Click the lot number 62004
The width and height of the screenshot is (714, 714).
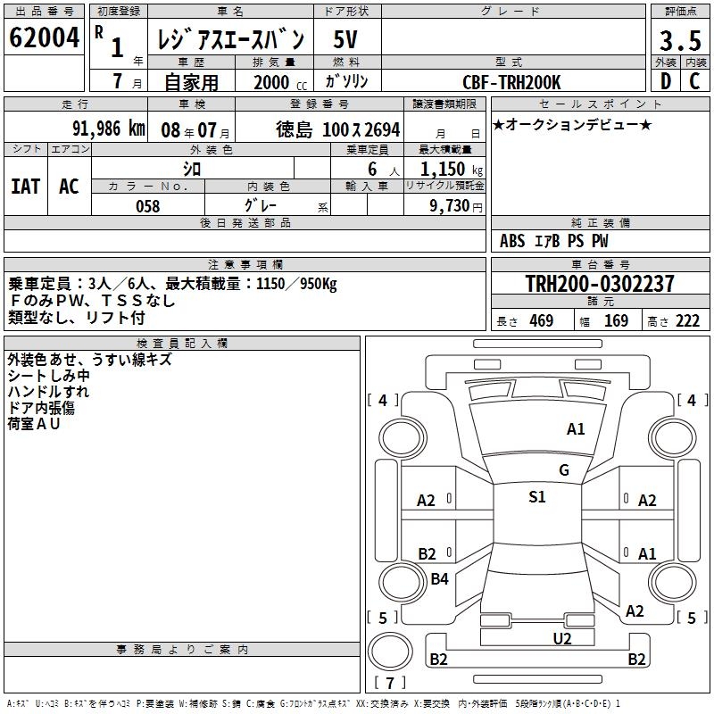coord(44,37)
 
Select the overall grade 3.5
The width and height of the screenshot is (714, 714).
coord(680,40)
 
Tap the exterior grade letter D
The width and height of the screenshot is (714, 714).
coord(666,81)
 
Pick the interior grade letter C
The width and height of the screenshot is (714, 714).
coord(694,81)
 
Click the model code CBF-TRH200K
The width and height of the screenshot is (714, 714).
coord(511,82)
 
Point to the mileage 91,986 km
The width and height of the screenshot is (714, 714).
coord(109,129)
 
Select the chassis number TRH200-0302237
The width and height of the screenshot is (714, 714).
coord(600,283)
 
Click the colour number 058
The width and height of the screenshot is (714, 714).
coord(148,206)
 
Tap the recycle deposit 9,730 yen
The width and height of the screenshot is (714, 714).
coord(456,206)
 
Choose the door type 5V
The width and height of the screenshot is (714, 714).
coord(345,39)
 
